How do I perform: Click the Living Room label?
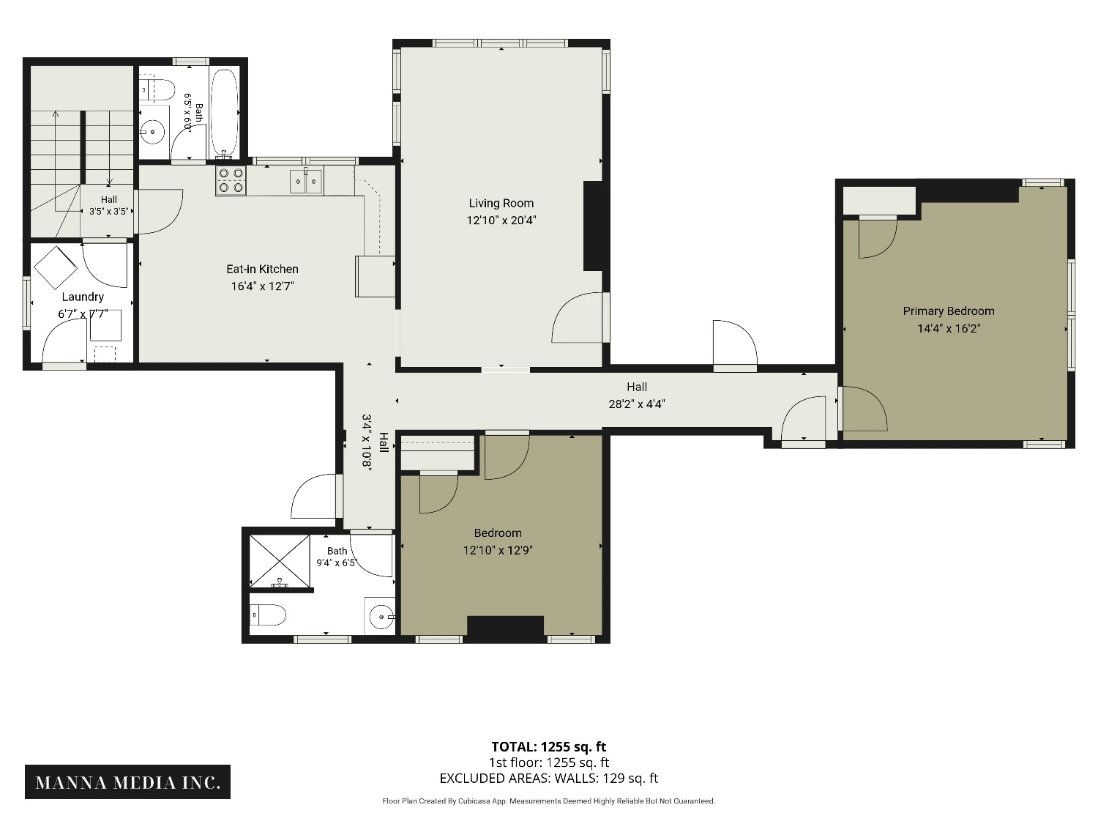[501, 203]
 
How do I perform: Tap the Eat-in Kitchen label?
[262, 269]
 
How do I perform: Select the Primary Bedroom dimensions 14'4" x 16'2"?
[949, 329]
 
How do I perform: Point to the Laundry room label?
[83, 297]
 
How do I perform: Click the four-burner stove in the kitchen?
[231, 181]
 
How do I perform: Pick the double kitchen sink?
[306, 181]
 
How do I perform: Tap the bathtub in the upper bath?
[223, 114]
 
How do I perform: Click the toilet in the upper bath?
[157, 90]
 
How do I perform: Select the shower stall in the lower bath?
[280, 561]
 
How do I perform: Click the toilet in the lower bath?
[268, 615]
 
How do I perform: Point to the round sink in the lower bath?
[381, 617]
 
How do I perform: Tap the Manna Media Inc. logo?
[127, 782]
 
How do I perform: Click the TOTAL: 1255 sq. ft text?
[549, 747]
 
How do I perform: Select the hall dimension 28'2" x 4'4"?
[637, 404]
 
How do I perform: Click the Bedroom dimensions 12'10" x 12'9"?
[498, 550]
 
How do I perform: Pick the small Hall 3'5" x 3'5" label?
[108, 206]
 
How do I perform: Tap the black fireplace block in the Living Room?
[592, 226]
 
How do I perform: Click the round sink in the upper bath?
[152, 133]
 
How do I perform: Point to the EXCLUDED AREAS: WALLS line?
[549, 779]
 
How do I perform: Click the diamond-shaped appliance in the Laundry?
[56, 267]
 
